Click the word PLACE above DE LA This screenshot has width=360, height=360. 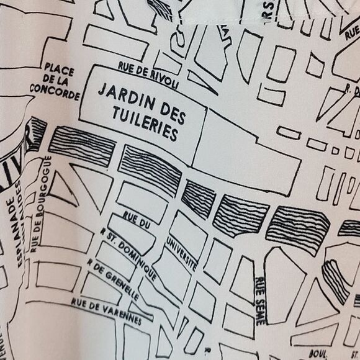(x=59, y=68)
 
